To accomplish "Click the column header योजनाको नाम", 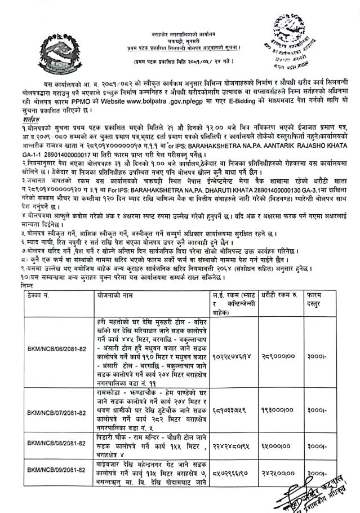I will [115, 295].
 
